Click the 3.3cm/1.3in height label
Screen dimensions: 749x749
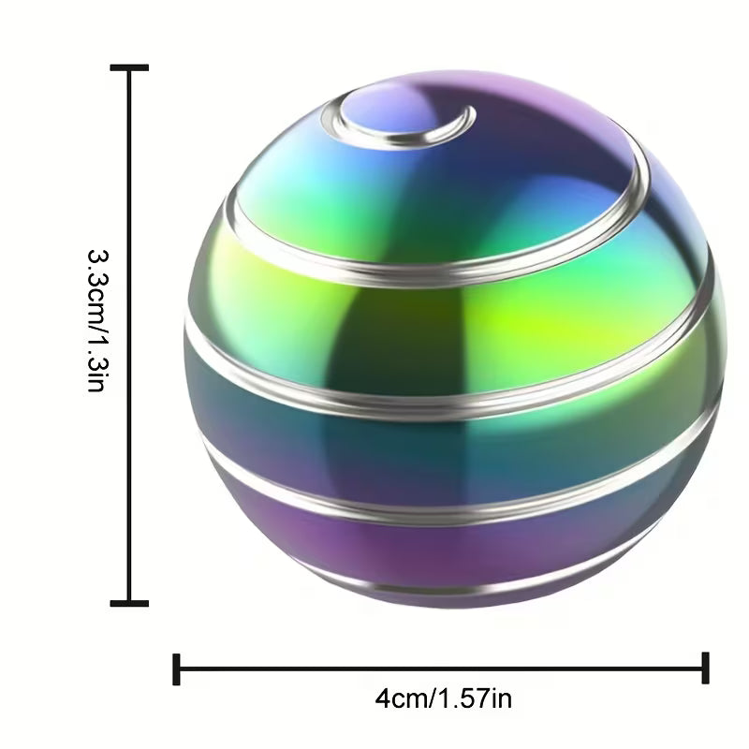tap(99, 320)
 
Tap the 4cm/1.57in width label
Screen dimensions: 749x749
tap(443, 698)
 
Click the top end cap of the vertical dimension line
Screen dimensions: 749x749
tap(129, 67)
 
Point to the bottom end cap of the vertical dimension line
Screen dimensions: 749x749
tap(129, 603)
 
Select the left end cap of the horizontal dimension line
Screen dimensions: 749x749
tap(176, 669)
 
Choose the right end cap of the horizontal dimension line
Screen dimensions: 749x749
tap(706, 668)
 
